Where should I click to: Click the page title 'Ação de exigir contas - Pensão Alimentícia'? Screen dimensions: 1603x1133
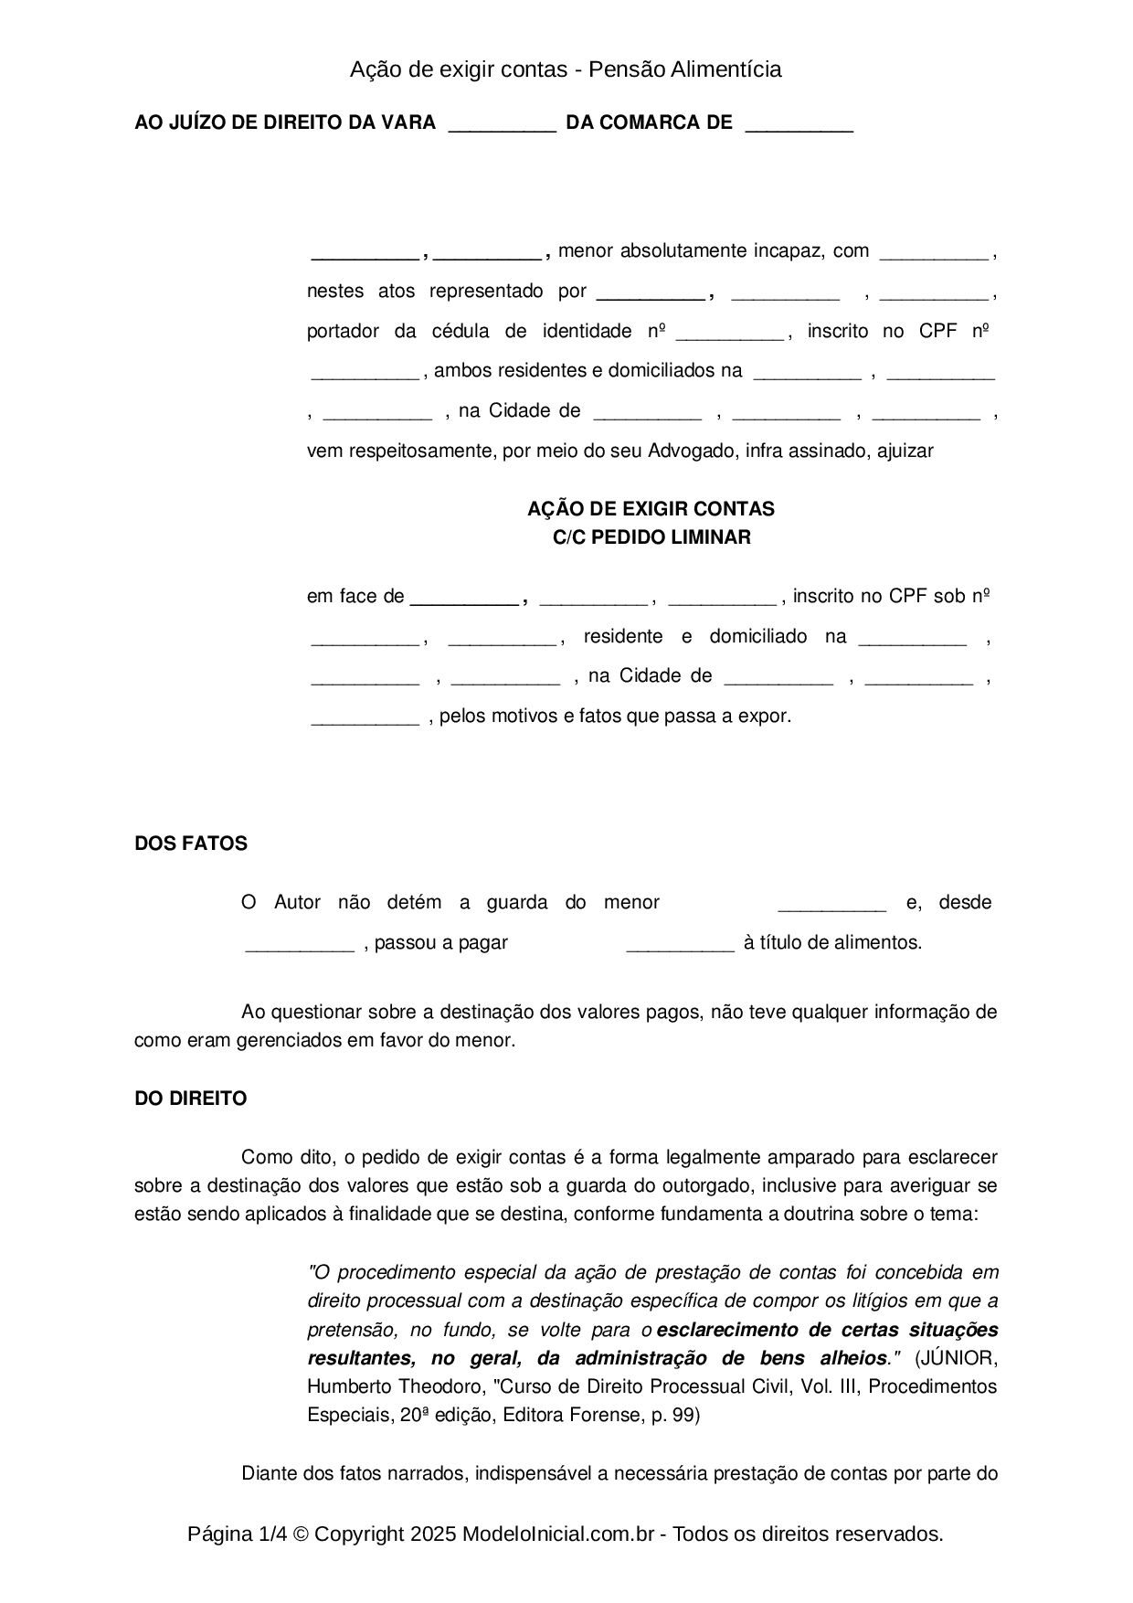pyautogui.click(x=566, y=69)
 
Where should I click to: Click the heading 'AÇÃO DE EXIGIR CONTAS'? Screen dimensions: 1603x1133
pyautogui.click(x=651, y=509)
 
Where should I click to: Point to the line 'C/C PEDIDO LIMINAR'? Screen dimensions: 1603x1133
pyautogui.click(x=651, y=537)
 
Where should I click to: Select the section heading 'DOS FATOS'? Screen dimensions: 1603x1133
pyautogui.click(x=191, y=844)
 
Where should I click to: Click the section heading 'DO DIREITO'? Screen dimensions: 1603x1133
pyautogui.click(x=190, y=1099)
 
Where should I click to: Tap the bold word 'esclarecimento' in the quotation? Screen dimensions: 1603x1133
pyautogui.click(x=725, y=1330)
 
